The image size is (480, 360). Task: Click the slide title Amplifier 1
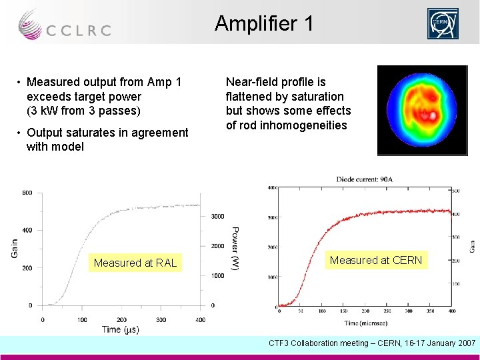click(264, 24)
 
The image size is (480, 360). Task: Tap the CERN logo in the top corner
click(443, 25)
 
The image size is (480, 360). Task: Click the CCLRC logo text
click(78, 30)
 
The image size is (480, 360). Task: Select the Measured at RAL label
click(135, 263)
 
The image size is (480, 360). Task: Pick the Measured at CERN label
click(377, 260)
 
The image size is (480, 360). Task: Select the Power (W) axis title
click(235, 249)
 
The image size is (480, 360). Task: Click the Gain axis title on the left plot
click(15, 249)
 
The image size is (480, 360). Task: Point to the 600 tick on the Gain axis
click(27, 193)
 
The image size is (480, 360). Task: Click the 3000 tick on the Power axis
click(218, 216)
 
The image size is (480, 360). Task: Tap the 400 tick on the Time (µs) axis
click(201, 320)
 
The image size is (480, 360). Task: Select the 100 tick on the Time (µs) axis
click(83, 320)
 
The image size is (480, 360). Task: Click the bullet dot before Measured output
click(21, 82)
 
